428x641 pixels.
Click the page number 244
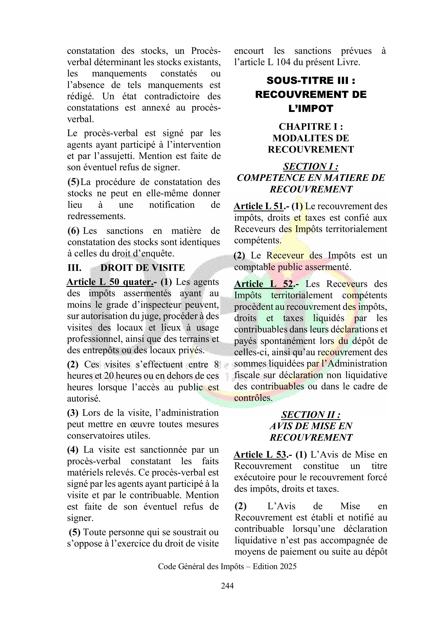(x=227, y=585)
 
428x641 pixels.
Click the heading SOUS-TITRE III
(x=311, y=80)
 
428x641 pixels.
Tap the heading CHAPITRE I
(x=311, y=127)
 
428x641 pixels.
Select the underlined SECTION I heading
(x=311, y=166)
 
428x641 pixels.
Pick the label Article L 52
(x=264, y=284)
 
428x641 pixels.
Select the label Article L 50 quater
(x=110, y=282)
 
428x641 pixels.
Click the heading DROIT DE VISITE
(x=142, y=268)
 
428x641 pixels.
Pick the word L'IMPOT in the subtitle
(x=311, y=109)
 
